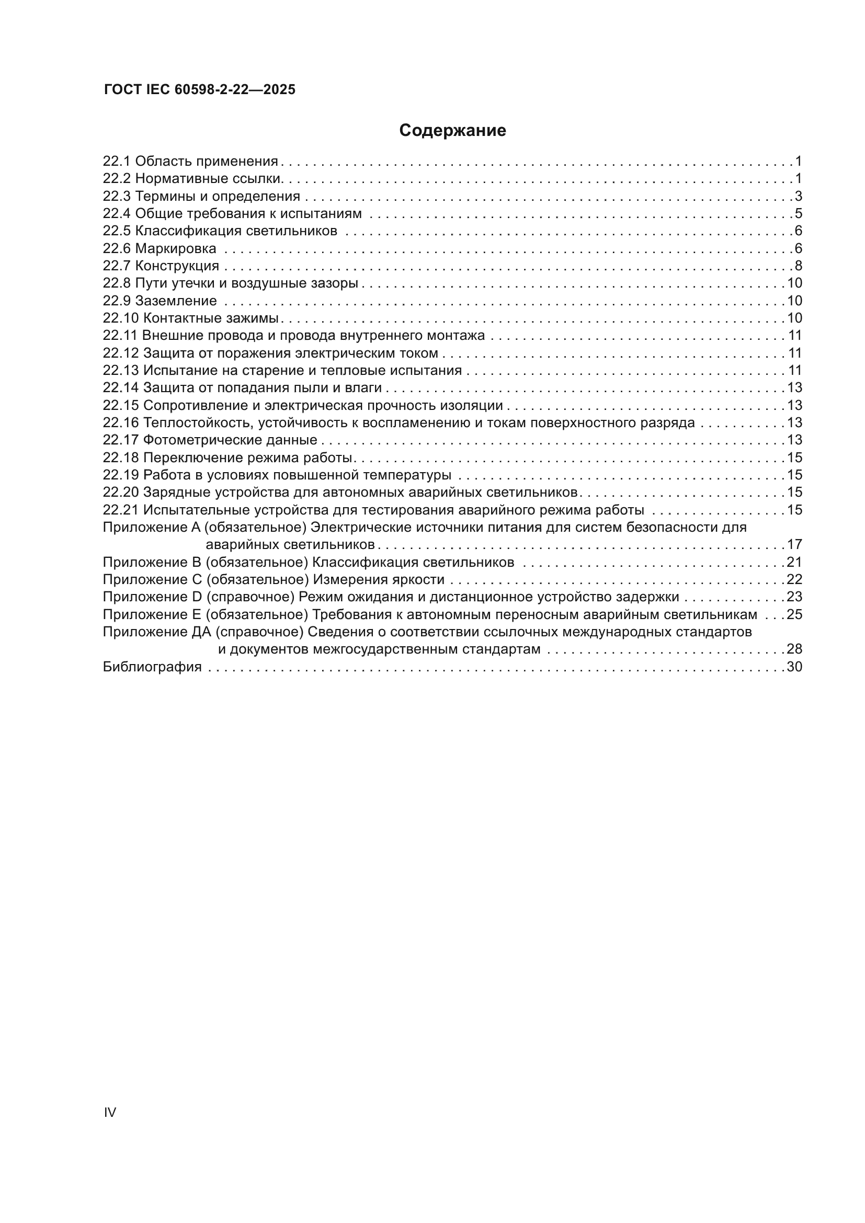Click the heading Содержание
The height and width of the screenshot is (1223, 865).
[x=452, y=131]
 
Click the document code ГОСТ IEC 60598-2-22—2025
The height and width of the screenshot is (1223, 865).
[x=200, y=89]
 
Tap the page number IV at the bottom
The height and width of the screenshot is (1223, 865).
[x=110, y=1112]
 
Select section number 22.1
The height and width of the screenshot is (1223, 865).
[x=116, y=162]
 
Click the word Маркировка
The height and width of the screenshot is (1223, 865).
[x=175, y=249]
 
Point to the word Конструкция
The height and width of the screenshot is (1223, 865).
[x=177, y=266]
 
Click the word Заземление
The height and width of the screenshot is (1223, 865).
[x=176, y=301]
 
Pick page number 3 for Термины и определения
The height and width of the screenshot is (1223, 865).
[x=798, y=197]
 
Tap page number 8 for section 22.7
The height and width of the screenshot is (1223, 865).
[x=798, y=266]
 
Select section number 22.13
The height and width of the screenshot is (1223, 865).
[x=120, y=371]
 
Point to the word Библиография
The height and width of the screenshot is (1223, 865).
[x=152, y=667]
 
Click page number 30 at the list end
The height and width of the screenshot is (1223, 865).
[x=794, y=667]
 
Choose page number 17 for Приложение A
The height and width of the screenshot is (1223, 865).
[x=794, y=545]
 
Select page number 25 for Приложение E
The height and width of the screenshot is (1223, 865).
[x=794, y=615]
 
